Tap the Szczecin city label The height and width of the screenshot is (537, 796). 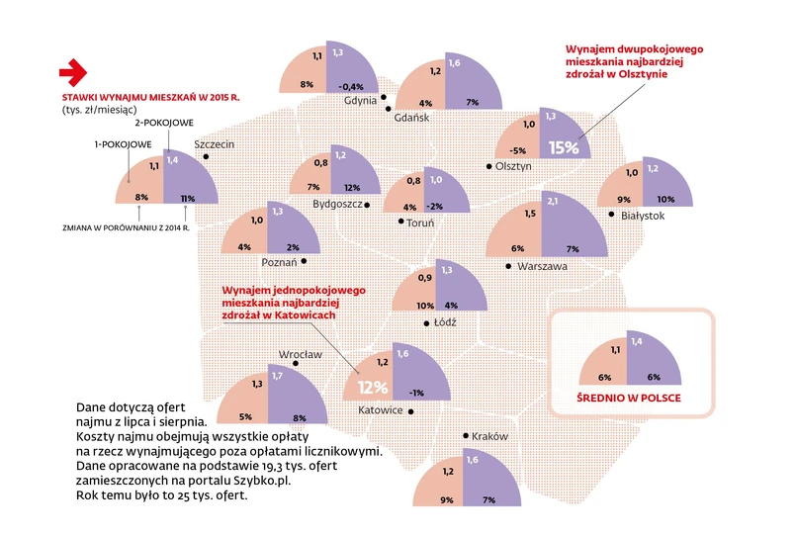[215, 144]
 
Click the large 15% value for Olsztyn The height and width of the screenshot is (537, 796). [563, 147]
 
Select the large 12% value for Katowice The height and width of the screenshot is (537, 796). [373, 387]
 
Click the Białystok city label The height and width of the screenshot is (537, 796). [643, 216]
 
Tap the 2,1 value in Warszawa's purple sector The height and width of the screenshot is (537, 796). [553, 203]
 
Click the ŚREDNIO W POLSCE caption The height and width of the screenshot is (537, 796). [629, 399]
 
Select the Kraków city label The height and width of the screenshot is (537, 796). [489, 436]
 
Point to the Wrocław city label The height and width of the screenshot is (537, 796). [301, 353]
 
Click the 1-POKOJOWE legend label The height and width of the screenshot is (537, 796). [123, 145]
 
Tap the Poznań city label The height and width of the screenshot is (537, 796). [280, 263]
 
